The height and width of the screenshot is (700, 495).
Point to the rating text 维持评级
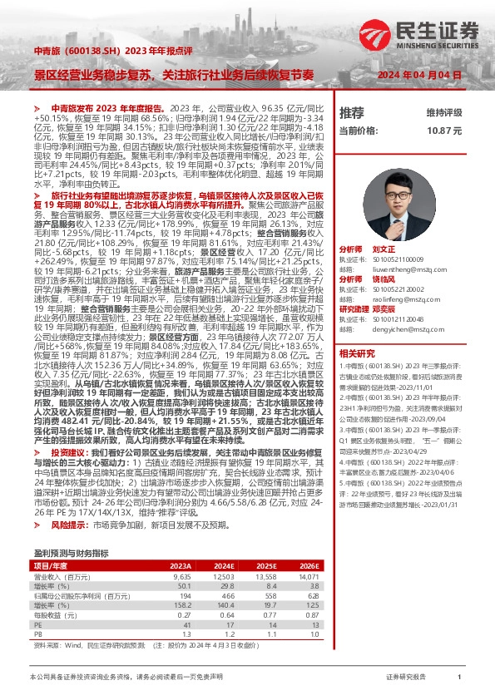click(443, 112)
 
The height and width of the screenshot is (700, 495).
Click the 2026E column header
click(307, 564)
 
